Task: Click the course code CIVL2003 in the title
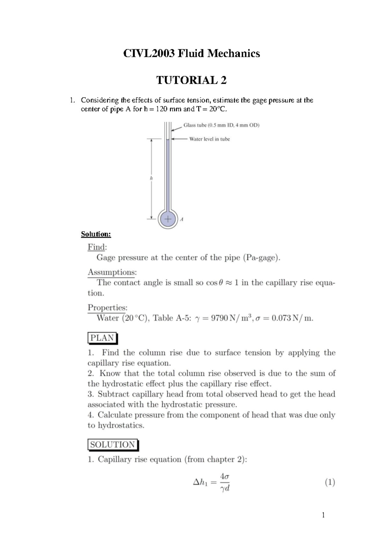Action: tap(149, 53)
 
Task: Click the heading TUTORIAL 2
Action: tap(191, 80)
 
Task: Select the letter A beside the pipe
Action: tap(182, 220)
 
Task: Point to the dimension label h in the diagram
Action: tap(151, 178)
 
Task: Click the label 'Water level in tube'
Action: tap(209, 139)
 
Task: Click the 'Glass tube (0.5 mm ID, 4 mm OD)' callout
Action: tap(221, 125)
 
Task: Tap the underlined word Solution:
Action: tap(96, 234)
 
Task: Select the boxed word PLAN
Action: tap(102, 338)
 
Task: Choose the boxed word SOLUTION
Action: tap(112, 445)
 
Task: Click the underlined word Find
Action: tap(96, 247)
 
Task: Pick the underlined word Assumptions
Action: tap(112, 272)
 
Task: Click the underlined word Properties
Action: tap(107, 307)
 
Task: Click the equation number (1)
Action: tap(330, 482)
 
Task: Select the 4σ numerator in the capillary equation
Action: tap(225, 476)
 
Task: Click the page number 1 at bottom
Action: tap(323, 515)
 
